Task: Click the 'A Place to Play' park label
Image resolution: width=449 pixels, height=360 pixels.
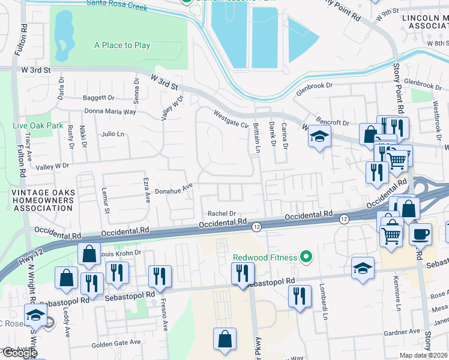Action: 122,45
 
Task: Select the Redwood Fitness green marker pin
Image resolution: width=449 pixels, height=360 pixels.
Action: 306,257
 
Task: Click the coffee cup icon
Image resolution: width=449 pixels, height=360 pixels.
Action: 420,233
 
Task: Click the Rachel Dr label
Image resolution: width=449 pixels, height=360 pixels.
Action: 221,213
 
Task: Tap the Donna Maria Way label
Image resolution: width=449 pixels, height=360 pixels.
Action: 111,112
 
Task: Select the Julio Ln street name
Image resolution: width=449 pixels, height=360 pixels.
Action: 112,134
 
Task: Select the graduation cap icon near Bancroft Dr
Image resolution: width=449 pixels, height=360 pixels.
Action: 320,137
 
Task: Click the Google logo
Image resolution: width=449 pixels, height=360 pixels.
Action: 20,353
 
